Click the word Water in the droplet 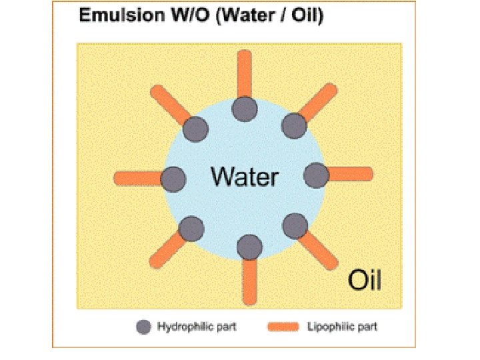245,177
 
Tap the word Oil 365,281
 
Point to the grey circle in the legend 143,327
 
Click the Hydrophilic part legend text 197,327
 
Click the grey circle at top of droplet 245,108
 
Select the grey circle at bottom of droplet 249,247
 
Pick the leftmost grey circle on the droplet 173,178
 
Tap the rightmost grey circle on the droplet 316,175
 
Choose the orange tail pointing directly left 137,179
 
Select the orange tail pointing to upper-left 171,104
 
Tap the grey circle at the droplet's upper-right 293,125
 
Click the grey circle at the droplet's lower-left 191,229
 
